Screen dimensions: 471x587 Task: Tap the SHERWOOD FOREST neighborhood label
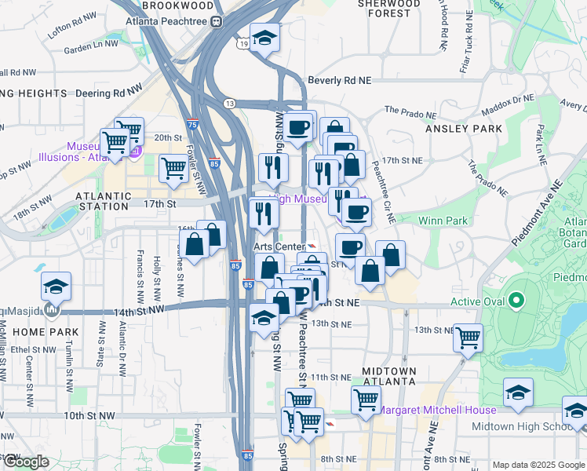coord(389,8)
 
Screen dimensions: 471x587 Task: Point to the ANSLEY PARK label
coord(463,128)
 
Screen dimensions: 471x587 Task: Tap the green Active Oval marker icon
coord(516,300)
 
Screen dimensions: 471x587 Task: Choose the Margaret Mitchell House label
coord(437,411)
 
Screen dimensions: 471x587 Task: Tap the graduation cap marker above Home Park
coord(56,287)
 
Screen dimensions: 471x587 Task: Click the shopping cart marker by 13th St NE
coord(468,338)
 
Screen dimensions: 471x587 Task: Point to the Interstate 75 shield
coord(193,125)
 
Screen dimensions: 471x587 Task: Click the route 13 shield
coord(229,104)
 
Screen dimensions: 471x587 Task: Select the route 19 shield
coord(245,45)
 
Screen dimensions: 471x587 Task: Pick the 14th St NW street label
coord(140,312)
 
